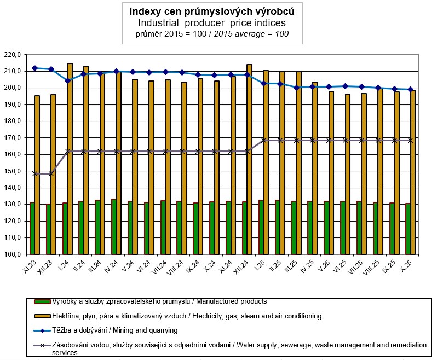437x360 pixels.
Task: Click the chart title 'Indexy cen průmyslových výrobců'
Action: pos(219,11)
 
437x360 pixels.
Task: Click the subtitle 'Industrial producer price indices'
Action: pos(219,23)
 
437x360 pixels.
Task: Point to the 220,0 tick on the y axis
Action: pos(12,55)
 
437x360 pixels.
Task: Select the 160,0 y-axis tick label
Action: pos(12,154)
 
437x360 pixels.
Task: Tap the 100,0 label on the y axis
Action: pos(12,254)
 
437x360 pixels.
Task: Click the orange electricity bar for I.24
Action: pos(70,159)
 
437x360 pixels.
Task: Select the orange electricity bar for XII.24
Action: pos(249,159)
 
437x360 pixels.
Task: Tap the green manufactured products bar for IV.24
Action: pos(113,227)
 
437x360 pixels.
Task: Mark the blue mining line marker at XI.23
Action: pos(34,68)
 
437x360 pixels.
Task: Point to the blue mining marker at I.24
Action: pos(67,80)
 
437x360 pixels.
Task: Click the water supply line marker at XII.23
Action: pos(50,173)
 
